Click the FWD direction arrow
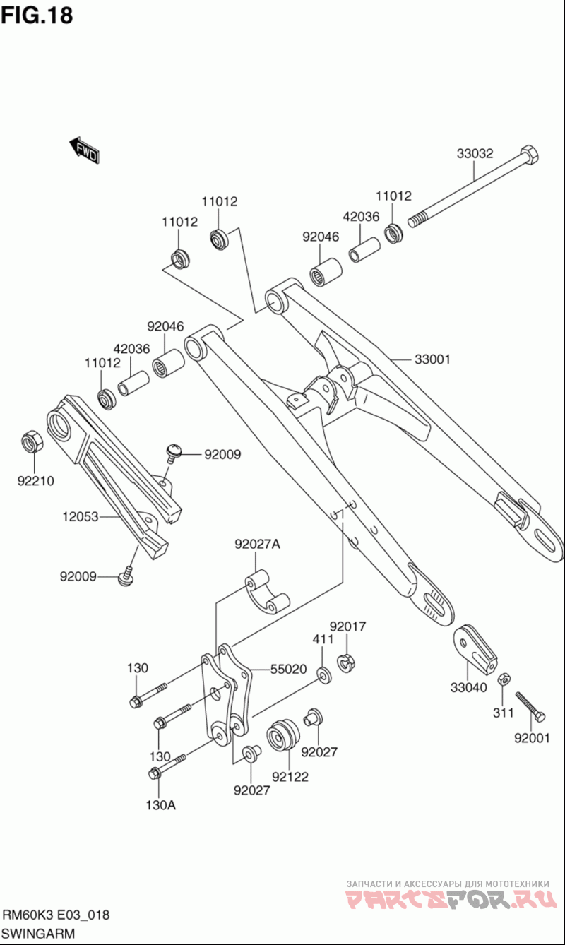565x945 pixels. coord(84,150)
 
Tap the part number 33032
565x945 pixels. coord(475,153)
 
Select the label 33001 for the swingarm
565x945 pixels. coord(432,359)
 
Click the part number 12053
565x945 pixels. coord(81,516)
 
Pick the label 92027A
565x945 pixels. coord(257,545)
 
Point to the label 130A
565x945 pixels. coord(161,805)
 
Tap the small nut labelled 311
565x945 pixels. coord(504,679)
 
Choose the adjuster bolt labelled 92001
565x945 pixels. coord(530,707)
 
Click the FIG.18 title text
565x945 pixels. coord(37,16)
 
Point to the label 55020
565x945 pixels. coord(288,669)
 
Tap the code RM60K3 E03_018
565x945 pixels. coord(56,915)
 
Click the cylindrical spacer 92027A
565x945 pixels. coord(268,593)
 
